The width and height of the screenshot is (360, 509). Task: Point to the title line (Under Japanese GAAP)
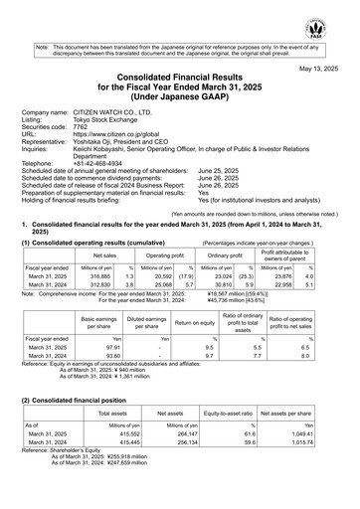[x=180, y=96]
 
